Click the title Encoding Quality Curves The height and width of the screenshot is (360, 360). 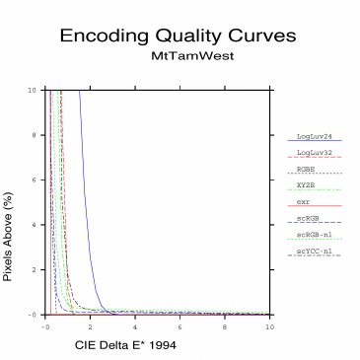pyautogui.click(x=178, y=36)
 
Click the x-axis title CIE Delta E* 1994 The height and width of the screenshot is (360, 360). pyautogui.click(x=125, y=346)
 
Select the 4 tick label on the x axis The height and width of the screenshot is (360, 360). pyautogui.click(x=135, y=324)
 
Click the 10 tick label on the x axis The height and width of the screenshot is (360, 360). pyautogui.click(x=268, y=324)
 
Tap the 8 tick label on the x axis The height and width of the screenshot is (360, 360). pyautogui.click(x=225, y=324)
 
